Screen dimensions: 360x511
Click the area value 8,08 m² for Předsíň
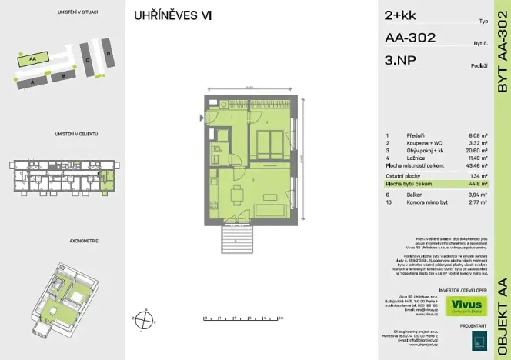pos(476,135)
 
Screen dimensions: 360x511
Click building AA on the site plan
pos(33,58)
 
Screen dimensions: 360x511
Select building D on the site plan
pos(109,54)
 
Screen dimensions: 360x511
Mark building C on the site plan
pos(88,59)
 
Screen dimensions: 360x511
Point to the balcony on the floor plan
pos(236,234)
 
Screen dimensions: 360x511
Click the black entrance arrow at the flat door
pos(202,118)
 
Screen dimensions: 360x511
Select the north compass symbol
pos(139,316)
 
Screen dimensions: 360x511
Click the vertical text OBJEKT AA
pos(502,308)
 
